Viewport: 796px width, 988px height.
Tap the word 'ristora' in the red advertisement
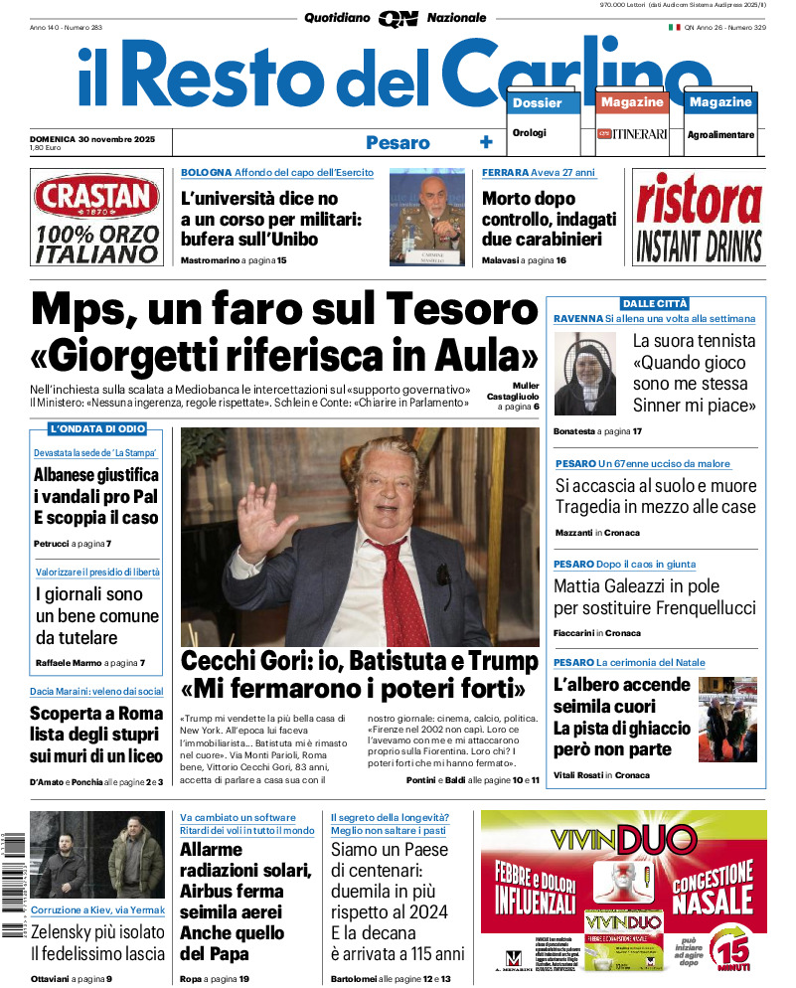click(699, 199)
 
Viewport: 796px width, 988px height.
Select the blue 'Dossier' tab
click(538, 102)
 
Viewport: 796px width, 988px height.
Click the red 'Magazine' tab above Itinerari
click(632, 102)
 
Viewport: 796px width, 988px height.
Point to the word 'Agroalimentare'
click(720, 134)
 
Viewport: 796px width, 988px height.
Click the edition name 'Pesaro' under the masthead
click(398, 142)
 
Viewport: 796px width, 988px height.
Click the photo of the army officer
click(426, 217)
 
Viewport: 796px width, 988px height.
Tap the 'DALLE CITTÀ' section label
click(654, 303)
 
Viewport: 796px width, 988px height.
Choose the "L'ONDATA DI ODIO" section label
click(97, 428)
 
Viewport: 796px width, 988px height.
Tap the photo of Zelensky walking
click(97, 855)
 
